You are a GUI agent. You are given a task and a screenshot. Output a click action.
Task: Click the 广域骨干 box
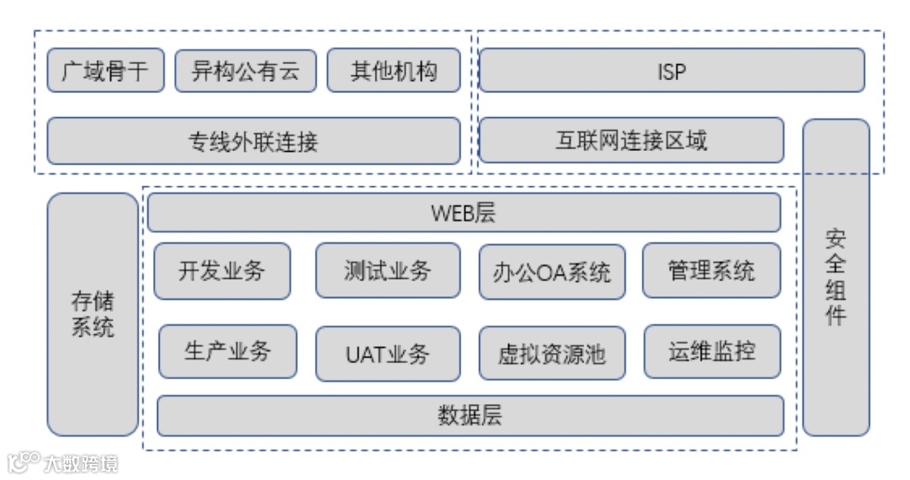coord(104,70)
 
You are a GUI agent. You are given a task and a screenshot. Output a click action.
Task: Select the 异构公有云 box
coord(245,70)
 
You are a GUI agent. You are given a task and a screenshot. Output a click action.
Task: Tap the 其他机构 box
coord(393,70)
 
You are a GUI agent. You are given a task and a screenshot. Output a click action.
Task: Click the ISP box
coord(672,70)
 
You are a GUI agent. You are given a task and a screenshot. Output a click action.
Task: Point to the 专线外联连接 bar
coord(254,141)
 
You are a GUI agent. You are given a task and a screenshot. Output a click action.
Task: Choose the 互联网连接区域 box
coord(631,140)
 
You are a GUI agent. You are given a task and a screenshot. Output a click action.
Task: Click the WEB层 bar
coord(464,212)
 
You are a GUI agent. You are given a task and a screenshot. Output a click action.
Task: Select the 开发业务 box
coord(222,270)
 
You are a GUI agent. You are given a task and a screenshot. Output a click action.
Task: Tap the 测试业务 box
coord(388,270)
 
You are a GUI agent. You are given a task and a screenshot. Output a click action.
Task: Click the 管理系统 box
coord(711,270)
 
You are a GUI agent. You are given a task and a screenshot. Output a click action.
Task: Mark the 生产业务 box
coord(227,351)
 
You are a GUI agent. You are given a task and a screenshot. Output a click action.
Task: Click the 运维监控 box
coord(712,351)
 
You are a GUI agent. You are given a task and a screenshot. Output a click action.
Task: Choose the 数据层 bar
coord(470,415)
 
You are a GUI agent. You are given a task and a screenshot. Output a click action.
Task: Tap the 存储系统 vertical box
coord(93,314)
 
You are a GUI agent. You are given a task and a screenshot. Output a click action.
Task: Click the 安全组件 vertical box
coord(835,277)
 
